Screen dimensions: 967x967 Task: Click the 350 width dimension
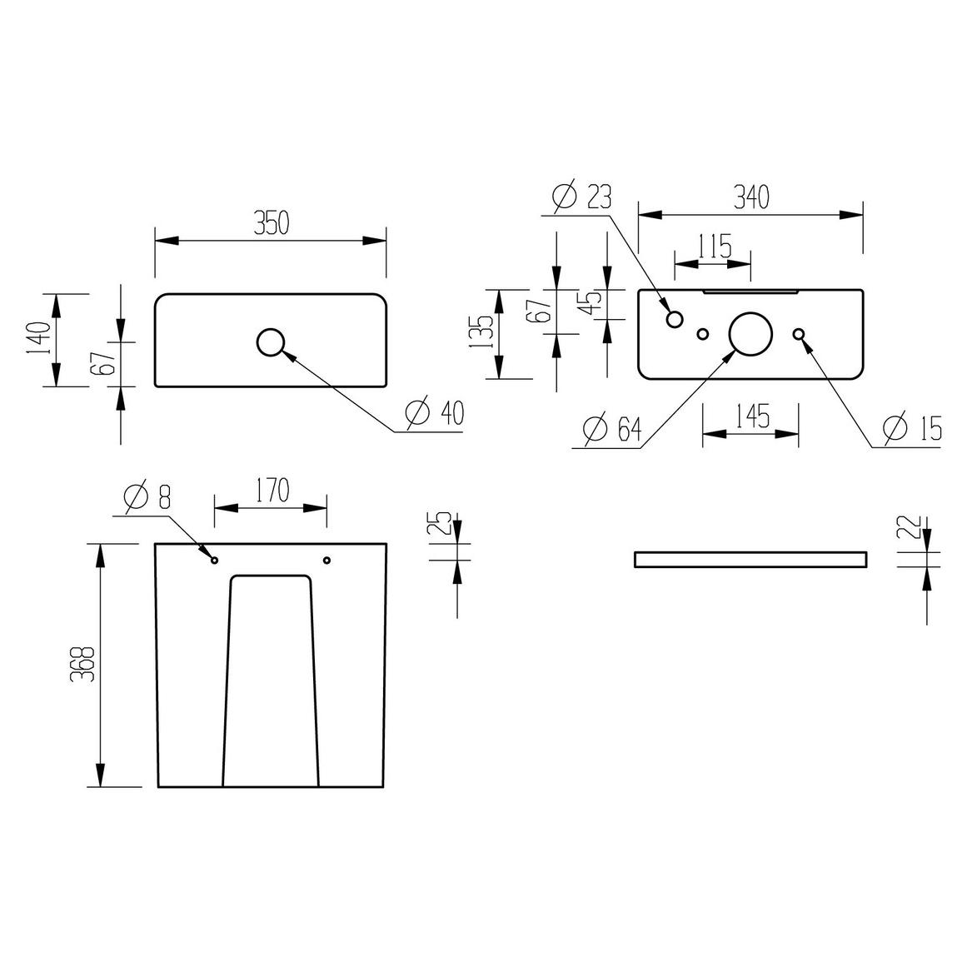(272, 223)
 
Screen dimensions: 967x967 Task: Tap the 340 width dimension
(751, 197)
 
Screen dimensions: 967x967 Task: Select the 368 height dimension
(82, 664)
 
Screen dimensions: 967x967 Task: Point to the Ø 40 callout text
(435, 412)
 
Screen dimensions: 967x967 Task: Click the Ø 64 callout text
(612, 429)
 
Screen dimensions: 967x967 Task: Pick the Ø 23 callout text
(582, 197)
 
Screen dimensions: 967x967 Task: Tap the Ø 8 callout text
(147, 496)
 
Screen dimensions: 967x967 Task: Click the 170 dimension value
(272, 491)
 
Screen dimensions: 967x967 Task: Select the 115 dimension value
(715, 247)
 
